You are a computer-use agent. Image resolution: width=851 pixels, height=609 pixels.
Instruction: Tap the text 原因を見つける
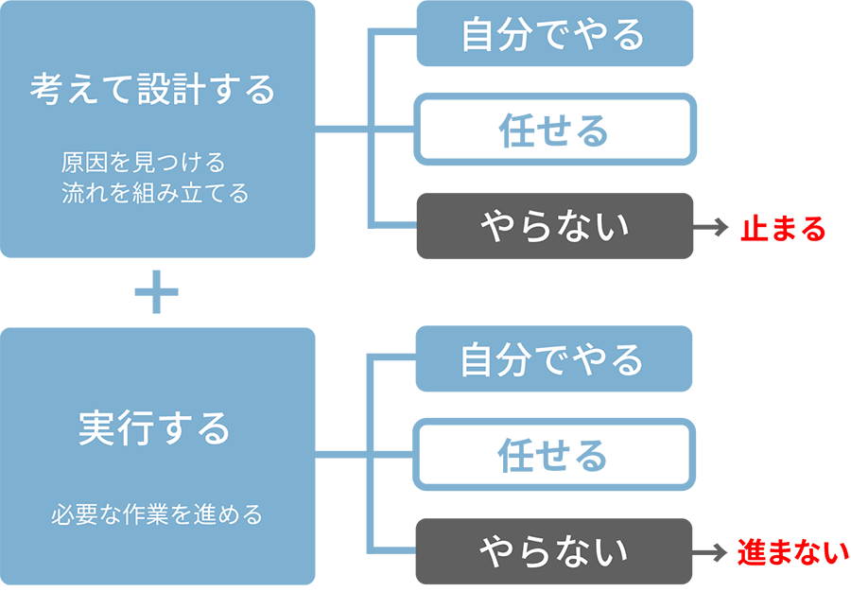tap(144, 160)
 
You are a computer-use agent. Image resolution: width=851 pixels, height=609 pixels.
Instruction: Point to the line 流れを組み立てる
tap(155, 194)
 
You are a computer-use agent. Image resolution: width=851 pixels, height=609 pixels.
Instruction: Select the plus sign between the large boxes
tap(156, 293)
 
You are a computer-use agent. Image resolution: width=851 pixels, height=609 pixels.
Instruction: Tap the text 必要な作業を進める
tap(156, 516)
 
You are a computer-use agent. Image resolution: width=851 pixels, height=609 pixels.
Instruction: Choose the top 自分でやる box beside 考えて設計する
tap(554, 34)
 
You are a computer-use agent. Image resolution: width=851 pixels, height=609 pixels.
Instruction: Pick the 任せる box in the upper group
tap(554, 130)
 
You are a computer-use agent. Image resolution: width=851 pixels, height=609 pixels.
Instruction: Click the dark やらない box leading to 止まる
tap(554, 227)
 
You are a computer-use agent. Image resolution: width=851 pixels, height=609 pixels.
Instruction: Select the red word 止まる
tap(783, 228)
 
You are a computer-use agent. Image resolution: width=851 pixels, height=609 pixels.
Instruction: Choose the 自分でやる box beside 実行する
tap(554, 359)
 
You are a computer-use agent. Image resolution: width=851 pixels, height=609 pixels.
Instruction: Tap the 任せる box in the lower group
tap(554, 456)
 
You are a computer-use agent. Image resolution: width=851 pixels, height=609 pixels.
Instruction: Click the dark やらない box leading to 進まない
tap(554, 551)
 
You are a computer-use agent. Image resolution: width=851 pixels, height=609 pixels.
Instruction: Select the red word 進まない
tap(792, 552)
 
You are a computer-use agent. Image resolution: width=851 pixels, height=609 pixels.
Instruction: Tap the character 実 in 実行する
tap(96, 429)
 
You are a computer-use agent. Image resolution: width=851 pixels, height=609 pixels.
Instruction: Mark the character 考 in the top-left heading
tap(47, 91)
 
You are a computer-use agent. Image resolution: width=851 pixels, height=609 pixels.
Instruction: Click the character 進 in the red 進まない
tap(750, 552)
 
